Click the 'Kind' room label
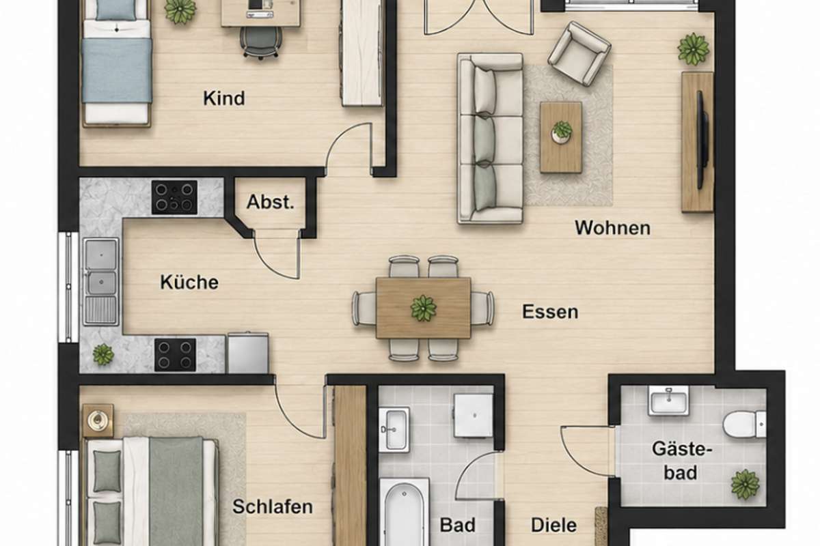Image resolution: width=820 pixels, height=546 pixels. point(224,98)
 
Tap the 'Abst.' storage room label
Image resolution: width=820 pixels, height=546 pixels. point(271,202)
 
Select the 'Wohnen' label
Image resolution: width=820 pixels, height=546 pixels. point(613,228)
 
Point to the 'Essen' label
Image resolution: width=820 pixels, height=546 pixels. point(550,312)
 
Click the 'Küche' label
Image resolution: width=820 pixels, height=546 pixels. point(189,282)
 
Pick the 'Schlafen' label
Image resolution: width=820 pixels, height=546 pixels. point(273,506)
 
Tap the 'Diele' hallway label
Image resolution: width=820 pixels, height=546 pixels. point(554,525)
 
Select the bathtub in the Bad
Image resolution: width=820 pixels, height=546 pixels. point(404,512)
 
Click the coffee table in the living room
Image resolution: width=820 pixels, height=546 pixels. point(561,137)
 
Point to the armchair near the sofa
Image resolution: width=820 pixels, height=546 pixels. point(579,54)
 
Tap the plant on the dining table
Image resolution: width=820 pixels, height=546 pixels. point(424,308)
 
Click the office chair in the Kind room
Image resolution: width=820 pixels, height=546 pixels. point(260,42)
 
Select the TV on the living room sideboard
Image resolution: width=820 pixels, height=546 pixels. point(703,140)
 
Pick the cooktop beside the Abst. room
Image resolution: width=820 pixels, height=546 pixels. point(175,197)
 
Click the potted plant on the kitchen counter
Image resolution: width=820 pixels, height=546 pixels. point(103,354)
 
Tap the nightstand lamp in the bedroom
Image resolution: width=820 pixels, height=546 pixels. point(98,420)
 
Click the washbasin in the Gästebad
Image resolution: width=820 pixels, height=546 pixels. point(668,401)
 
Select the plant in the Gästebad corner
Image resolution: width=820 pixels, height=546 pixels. point(746,485)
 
